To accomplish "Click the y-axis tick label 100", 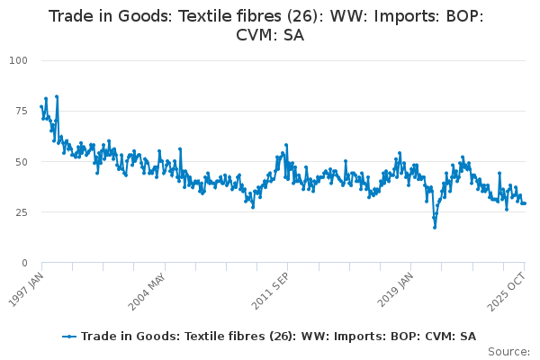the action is [18, 60].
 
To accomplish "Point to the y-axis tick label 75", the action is [21, 111].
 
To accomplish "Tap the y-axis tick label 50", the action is [21, 162].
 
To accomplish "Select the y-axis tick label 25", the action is [21, 212].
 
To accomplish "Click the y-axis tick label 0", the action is [24, 263].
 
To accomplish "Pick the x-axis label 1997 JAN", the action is [26, 290].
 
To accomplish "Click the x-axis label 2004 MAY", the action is [147, 292].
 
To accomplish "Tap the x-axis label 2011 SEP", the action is [270, 292].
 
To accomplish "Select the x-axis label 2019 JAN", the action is [395, 290].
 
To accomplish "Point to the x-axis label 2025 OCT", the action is [507, 292].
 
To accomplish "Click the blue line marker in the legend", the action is [69, 337].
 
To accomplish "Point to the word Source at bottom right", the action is [508, 352].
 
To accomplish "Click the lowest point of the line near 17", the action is [435, 228].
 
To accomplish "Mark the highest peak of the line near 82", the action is [57, 96].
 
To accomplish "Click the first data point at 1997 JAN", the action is [41, 107].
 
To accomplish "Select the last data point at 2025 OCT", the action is [525, 203].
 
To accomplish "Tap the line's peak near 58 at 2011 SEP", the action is [286, 145].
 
